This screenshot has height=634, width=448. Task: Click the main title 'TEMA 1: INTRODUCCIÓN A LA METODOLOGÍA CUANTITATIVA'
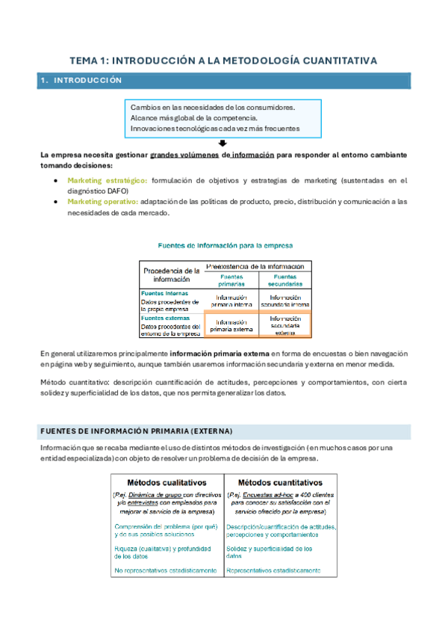(x=223, y=60)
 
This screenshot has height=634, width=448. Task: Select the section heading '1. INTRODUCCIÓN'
(x=81, y=80)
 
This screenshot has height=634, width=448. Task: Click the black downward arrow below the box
(x=223, y=144)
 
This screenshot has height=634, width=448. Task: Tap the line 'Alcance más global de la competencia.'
(x=194, y=117)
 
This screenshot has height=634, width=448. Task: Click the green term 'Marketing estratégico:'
(x=108, y=180)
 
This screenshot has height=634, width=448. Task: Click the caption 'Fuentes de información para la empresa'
(x=224, y=244)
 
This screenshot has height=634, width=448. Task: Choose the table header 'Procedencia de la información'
(x=172, y=274)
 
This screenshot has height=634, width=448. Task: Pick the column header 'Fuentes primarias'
(x=231, y=280)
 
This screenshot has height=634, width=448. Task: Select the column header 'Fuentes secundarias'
(x=284, y=280)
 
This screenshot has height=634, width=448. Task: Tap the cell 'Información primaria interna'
(x=231, y=301)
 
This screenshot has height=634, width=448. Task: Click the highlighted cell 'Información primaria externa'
(x=231, y=324)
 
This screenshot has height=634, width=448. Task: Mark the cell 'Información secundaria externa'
(x=284, y=324)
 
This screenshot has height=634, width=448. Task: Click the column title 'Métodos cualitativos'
(x=167, y=482)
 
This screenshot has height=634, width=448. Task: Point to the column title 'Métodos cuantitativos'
(x=281, y=482)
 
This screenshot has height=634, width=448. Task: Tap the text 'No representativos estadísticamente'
(x=166, y=570)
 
